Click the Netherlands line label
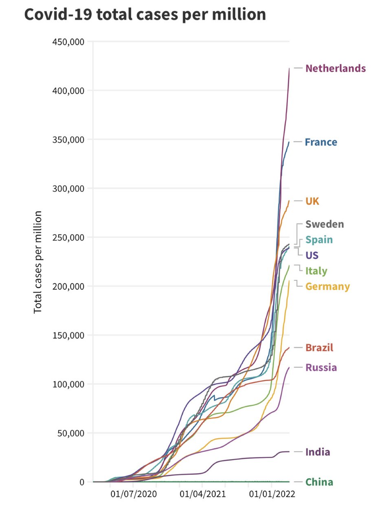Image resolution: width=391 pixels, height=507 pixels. click(x=335, y=68)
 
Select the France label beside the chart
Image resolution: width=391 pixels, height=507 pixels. click(x=321, y=142)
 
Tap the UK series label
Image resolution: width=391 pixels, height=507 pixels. click(x=312, y=201)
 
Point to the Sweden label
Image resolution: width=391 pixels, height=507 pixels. click(x=325, y=224)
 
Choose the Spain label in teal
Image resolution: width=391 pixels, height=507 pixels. click(x=319, y=240)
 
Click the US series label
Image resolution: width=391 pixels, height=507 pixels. click(x=312, y=255)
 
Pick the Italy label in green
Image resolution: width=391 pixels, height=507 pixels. click(x=316, y=271)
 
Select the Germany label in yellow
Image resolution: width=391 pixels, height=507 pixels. click(x=327, y=287)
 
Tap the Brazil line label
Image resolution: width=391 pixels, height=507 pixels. click(x=319, y=348)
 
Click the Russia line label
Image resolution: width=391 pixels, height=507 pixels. click(x=321, y=368)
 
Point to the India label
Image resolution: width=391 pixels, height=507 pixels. click(x=318, y=452)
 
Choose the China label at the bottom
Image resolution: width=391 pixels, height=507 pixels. click(x=319, y=482)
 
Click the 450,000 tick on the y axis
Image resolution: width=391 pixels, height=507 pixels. click(x=68, y=42)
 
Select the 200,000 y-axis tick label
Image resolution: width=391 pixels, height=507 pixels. click(x=68, y=286)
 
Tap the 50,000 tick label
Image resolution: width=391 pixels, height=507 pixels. click(x=70, y=433)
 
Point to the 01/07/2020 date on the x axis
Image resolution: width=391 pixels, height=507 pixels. click(x=133, y=494)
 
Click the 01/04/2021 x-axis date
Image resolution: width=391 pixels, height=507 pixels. click(x=202, y=494)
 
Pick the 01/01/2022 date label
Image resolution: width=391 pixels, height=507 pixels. click(x=272, y=494)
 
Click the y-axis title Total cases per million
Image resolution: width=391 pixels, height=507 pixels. click(x=38, y=262)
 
